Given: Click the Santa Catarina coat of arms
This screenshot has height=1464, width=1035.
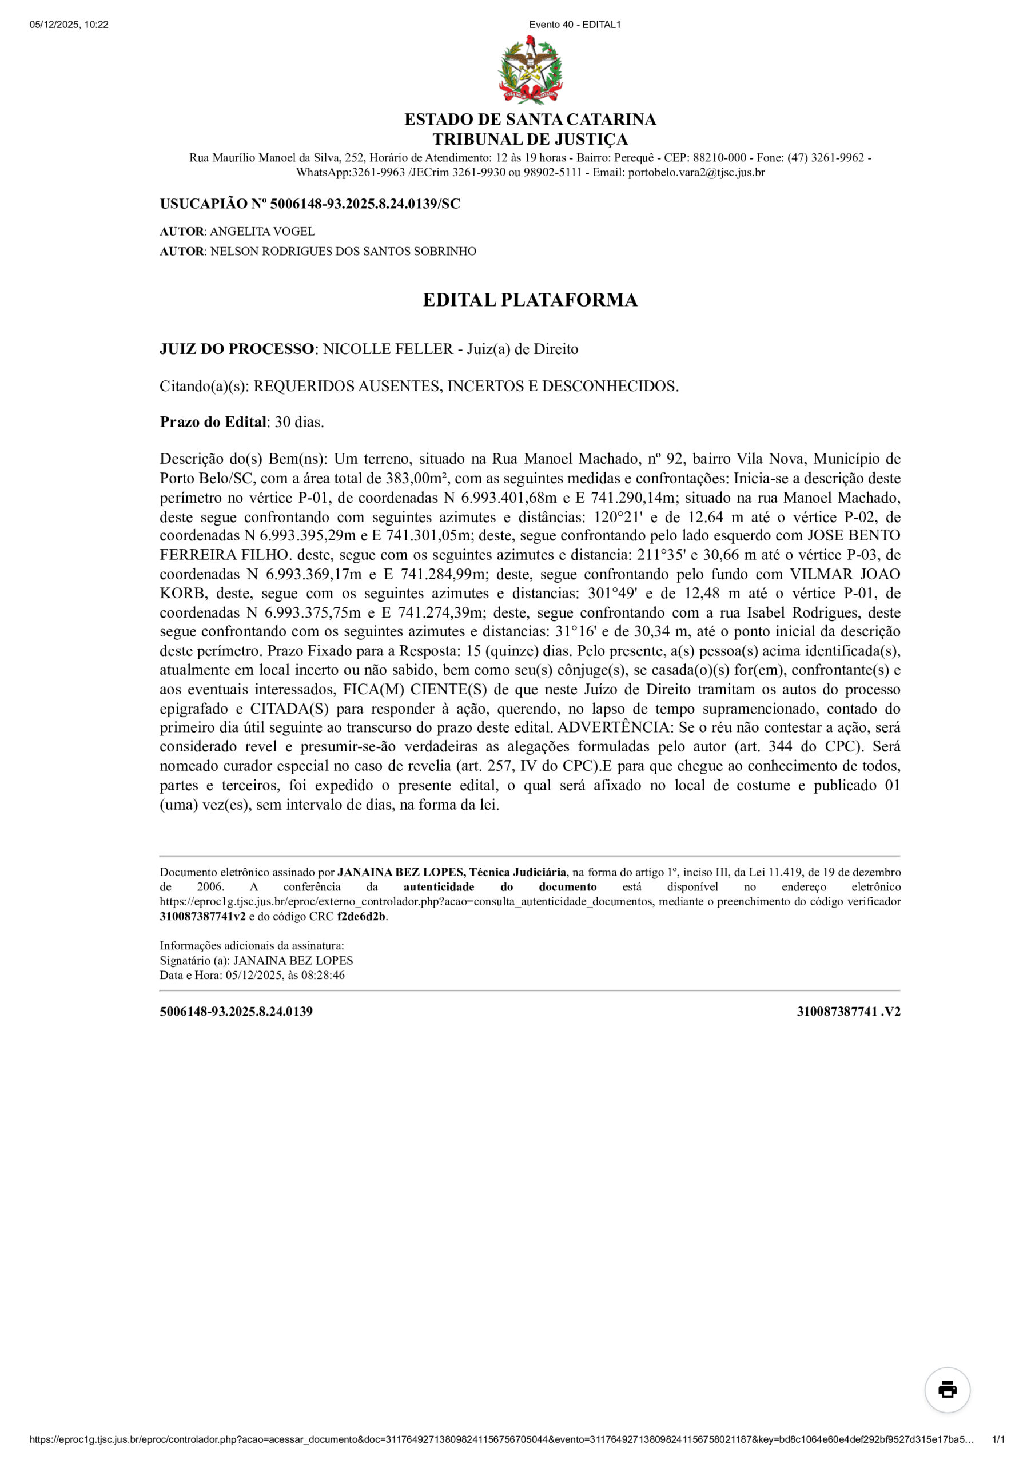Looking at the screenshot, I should pyautogui.click(x=530, y=71).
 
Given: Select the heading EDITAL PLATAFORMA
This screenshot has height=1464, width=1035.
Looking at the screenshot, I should pyautogui.click(x=530, y=300).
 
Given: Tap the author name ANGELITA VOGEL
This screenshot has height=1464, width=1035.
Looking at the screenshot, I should pyautogui.click(x=262, y=232).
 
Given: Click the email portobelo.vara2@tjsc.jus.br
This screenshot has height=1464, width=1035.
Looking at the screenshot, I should pyautogui.click(x=696, y=172).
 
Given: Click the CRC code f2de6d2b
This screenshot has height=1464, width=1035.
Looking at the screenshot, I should pyautogui.click(x=361, y=917).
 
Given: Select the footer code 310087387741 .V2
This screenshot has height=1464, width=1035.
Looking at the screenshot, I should pyautogui.click(x=848, y=1011).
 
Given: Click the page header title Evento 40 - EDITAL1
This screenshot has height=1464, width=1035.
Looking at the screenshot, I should pyautogui.click(x=575, y=25).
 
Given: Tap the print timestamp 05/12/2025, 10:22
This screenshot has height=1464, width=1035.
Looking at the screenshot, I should pyautogui.click(x=69, y=25).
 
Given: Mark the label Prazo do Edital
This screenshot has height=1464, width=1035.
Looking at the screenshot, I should pyautogui.click(x=213, y=422).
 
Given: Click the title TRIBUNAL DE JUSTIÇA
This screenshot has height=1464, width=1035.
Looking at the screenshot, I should pyautogui.click(x=530, y=139).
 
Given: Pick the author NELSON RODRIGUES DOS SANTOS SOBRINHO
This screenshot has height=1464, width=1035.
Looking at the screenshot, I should pyautogui.click(x=343, y=251).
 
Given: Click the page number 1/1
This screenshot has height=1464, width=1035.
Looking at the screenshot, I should pyautogui.click(x=998, y=1440).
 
